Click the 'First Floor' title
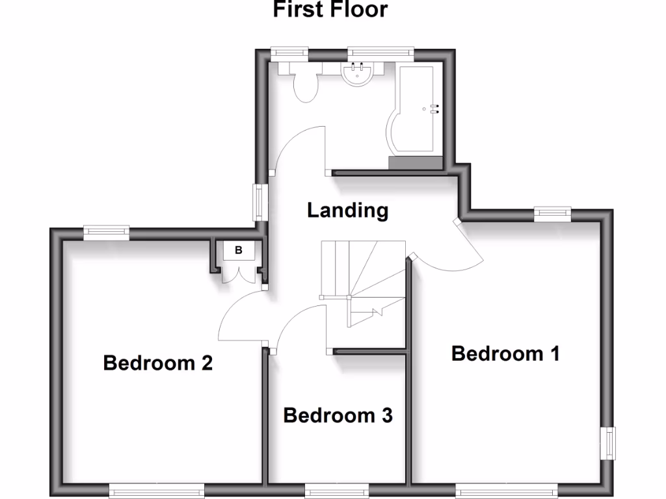[330, 10]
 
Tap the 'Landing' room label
[347, 211]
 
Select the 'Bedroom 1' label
[505, 353]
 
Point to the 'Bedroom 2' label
[158, 363]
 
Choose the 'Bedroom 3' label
[338, 415]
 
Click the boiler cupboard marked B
[238, 250]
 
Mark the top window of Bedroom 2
[107, 230]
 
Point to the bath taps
[434, 109]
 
